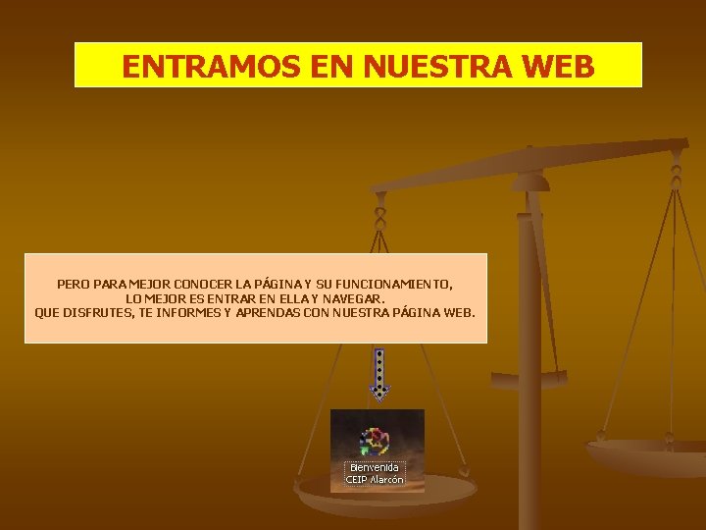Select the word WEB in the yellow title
(559, 66)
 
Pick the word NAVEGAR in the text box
(355, 298)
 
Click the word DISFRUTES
(99, 313)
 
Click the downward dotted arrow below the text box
(378, 374)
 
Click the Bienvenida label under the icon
(375, 467)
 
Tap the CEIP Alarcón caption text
(375, 480)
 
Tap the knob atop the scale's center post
(530, 181)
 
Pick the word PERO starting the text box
(74, 284)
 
